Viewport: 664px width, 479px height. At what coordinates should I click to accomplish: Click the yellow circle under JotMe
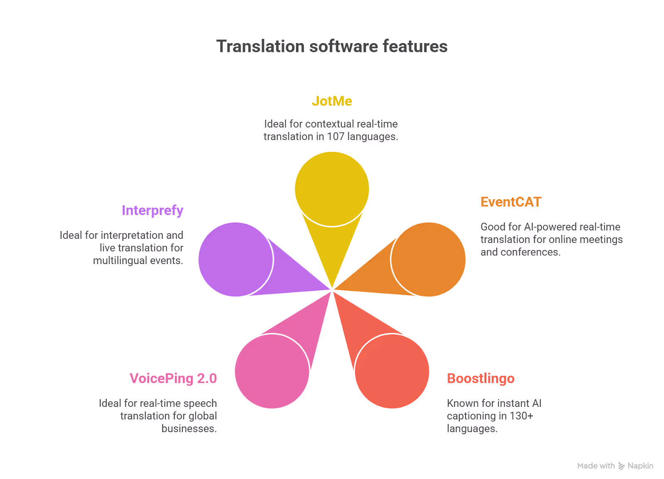point(332,189)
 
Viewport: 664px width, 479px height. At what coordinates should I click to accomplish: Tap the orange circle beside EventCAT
point(428,259)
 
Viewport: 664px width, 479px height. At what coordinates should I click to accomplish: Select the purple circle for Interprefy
point(236,259)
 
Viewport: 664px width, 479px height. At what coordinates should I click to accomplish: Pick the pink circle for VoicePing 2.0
point(272,371)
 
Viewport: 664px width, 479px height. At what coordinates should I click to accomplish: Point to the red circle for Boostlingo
point(392,371)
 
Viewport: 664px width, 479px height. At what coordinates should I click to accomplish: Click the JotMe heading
point(332,101)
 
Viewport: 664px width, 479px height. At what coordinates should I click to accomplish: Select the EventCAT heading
point(511,202)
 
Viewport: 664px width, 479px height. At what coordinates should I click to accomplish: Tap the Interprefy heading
point(152,210)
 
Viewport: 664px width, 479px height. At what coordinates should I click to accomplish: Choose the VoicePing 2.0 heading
point(173,378)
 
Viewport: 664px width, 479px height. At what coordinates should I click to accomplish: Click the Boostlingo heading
point(481,379)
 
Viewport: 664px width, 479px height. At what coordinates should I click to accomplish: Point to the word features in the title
point(415,46)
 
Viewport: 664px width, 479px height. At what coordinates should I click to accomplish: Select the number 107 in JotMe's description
point(336,136)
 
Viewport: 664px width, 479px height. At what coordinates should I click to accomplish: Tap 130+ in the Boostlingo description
point(521,416)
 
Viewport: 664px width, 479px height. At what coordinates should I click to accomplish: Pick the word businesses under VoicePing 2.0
point(189,429)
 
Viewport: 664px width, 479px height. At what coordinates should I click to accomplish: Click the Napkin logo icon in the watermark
point(621,466)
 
